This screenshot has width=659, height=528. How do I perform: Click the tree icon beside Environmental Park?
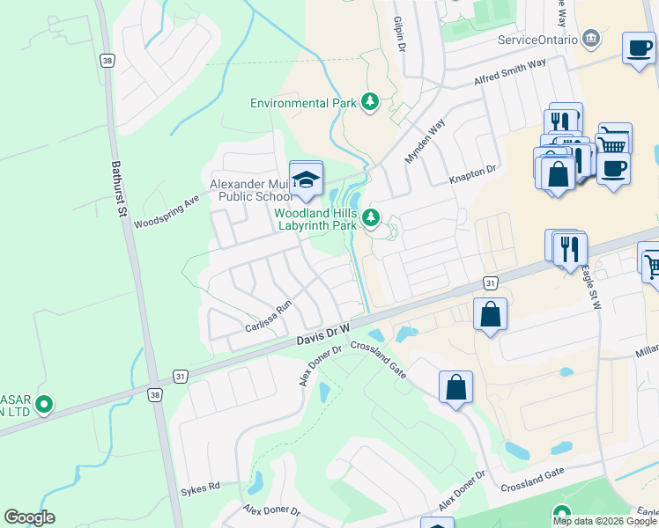(371, 103)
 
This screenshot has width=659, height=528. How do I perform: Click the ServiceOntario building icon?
(591, 40)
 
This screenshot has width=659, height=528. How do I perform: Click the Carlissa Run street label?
(268, 318)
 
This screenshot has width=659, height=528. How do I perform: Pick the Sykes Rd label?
(200, 488)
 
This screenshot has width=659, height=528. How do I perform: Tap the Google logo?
(29, 517)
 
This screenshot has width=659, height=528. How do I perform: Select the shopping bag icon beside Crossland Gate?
(455, 387)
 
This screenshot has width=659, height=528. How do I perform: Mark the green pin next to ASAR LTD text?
(42, 406)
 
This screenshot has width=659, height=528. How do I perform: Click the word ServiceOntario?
(537, 40)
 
